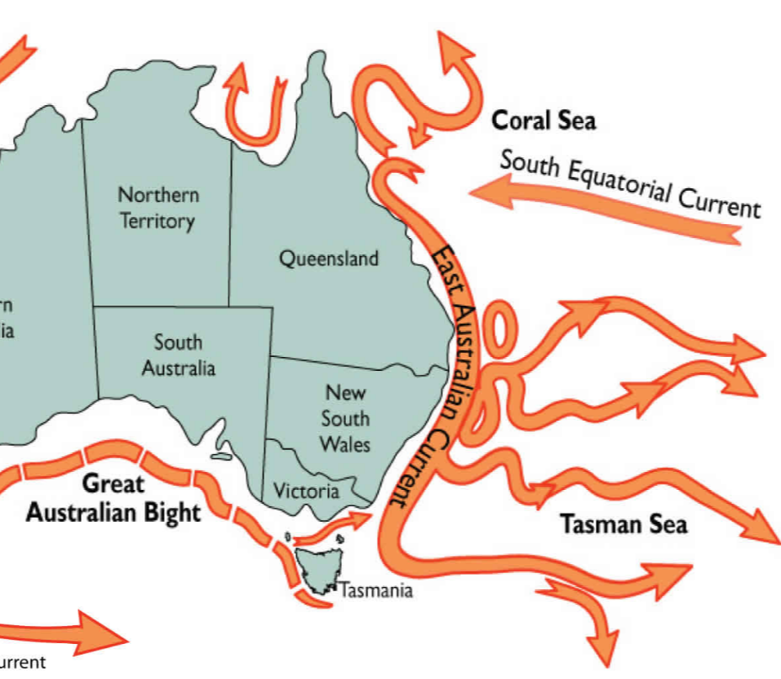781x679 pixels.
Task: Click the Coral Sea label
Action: click(543, 121)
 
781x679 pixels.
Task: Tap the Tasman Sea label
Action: click(623, 524)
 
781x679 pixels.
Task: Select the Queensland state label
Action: click(329, 259)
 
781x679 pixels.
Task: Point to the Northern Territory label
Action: click(158, 208)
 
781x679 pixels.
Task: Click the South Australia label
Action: click(178, 355)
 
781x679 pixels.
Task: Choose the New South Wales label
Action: click(344, 418)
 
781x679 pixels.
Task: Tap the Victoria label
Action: click(306, 492)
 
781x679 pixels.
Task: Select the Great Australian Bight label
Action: click(113, 498)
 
